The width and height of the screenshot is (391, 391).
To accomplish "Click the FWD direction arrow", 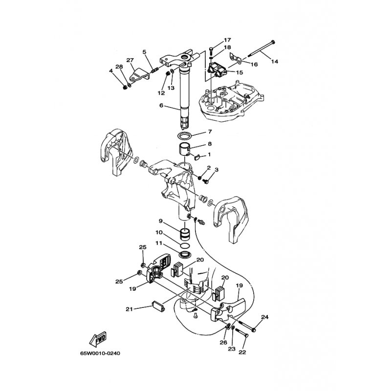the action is (98, 339).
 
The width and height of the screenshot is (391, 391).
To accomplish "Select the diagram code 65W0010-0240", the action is (100, 353).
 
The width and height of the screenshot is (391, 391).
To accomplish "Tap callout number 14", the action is (274, 62).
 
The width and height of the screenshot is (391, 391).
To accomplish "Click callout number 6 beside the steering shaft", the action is (161, 106).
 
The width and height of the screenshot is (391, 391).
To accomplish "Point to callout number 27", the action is (130, 60).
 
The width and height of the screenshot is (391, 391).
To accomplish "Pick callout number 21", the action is (129, 309).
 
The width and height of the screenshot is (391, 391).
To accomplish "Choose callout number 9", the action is (161, 221).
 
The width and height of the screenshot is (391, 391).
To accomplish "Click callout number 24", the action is (265, 317).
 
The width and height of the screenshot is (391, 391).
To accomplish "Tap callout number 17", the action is (227, 40).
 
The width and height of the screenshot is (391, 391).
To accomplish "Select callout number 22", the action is (242, 352).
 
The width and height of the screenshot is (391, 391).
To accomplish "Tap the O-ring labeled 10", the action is (185, 246).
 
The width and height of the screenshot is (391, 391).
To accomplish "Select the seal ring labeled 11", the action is (186, 255).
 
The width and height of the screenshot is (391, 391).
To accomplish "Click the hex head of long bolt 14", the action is (273, 42).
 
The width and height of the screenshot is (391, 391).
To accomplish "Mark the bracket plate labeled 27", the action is (139, 75).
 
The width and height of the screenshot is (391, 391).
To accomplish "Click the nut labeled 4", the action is (126, 87).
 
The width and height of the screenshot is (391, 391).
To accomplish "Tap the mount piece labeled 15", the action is (217, 69).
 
